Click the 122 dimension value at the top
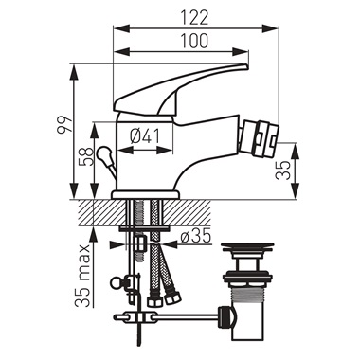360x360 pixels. [197, 15]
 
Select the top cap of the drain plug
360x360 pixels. [253, 250]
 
